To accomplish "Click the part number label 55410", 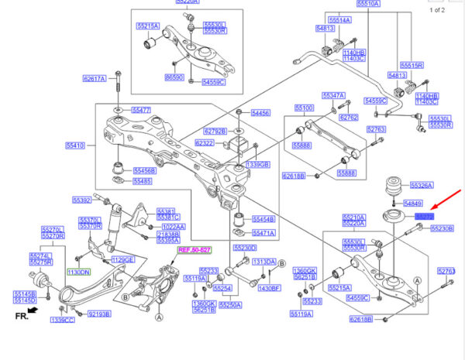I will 75,144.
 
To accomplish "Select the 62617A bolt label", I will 94,79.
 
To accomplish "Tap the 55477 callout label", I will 140,111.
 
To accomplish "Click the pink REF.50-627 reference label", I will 194,250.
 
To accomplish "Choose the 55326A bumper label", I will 422,186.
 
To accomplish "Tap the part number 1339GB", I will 257,165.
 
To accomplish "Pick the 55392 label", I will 81,200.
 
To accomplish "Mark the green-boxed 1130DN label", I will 77,273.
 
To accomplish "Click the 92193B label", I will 100,314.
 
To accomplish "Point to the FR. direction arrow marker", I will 23,315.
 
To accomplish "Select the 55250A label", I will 230,305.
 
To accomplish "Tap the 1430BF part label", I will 269,288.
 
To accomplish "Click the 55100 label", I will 304,108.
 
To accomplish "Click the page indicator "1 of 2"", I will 437,9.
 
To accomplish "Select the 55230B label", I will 442,229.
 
